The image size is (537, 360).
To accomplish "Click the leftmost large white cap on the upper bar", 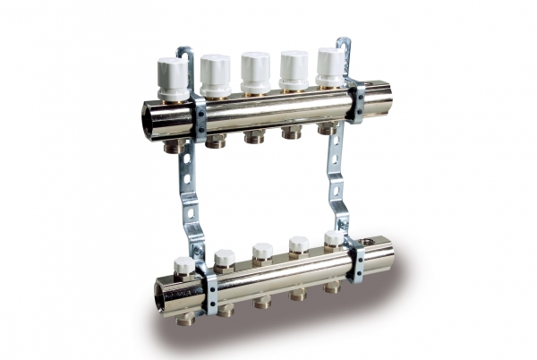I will click(173, 78).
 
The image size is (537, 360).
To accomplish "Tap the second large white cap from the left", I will click(215, 73).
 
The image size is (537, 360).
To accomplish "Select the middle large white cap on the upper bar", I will click(255, 70).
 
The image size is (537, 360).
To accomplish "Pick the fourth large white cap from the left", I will click(294, 67).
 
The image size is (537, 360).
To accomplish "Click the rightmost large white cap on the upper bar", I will click(330, 64).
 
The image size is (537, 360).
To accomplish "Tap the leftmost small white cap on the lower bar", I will click(184, 265).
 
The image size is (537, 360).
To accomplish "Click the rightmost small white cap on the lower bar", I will click(334, 239).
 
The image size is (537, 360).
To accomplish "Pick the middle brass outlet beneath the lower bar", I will click(263, 302).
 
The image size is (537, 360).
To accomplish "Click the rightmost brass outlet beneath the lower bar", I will click(333, 287).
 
